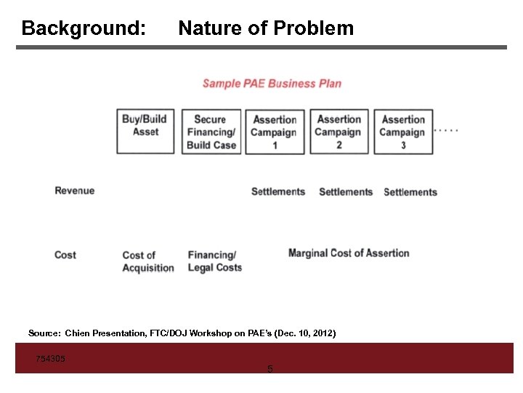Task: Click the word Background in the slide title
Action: coord(82,28)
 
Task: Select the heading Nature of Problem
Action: coord(266,28)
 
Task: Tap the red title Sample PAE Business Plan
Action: coord(272,83)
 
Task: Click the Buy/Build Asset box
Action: coord(145,131)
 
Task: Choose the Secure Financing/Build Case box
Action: coord(211,132)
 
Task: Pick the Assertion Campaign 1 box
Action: coord(275,132)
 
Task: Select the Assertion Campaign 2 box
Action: coord(338,132)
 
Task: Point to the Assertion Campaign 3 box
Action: coord(403,132)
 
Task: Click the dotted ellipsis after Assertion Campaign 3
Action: coord(446,130)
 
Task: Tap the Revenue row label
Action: coord(75,191)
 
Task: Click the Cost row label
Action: coord(65,255)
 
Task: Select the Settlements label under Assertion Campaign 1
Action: coord(278,191)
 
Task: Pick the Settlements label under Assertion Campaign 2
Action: coord(346,192)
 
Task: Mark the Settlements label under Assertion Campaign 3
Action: coord(410,192)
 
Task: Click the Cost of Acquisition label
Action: coord(148,261)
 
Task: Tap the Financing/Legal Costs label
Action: coord(214,261)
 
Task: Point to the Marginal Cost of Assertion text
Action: coord(349,253)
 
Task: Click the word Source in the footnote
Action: coord(44,333)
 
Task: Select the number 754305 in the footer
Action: coord(51,358)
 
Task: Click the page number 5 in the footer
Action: coord(270,369)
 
